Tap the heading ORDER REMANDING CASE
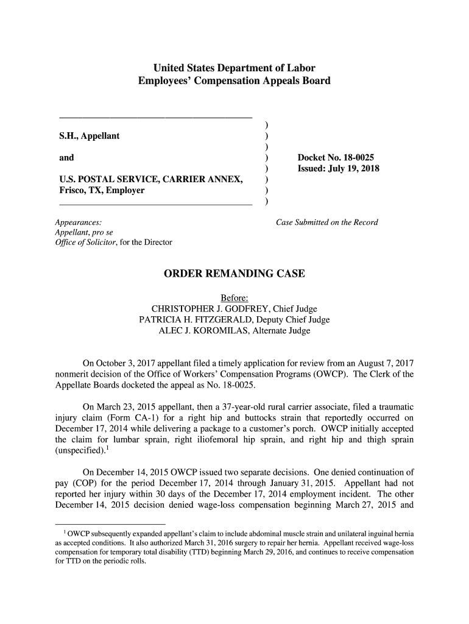tap(234, 274)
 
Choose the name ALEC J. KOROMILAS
tap(207, 331)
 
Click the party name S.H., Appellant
tap(89, 136)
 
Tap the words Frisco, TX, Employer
tap(101, 191)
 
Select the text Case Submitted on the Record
tap(327, 222)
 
